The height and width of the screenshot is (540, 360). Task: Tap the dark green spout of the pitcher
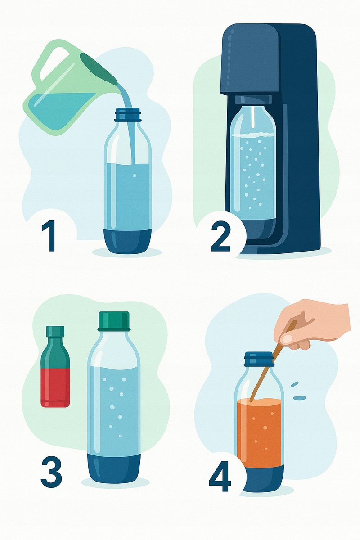99,68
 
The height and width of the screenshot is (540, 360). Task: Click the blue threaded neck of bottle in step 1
127,114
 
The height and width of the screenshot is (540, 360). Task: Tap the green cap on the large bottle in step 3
113,321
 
